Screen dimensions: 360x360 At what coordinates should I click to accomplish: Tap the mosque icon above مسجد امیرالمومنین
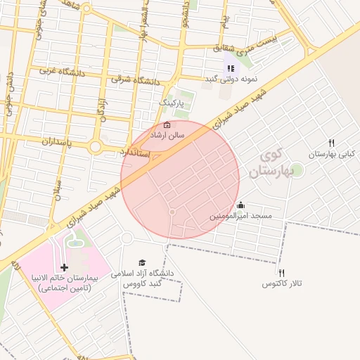tap(241, 205)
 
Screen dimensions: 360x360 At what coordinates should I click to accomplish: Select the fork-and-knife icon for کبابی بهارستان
tap(330, 143)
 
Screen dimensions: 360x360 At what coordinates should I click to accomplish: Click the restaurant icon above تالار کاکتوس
tap(281, 273)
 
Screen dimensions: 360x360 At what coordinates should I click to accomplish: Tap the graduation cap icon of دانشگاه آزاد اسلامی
tap(143, 262)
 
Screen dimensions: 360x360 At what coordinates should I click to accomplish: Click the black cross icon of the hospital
tap(65, 267)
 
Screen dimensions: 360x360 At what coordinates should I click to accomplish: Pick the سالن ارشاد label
tap(169, 134)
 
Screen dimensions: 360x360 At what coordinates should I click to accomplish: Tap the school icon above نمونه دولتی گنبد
tap(230, 68)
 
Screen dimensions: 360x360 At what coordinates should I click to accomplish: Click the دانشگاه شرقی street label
tap(136, 81)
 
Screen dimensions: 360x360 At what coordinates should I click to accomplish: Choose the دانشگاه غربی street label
tap(57, 71)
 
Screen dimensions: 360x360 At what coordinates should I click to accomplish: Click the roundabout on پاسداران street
tap(96, 146)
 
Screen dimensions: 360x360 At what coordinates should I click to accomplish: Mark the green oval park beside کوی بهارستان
tap(297, 169)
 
